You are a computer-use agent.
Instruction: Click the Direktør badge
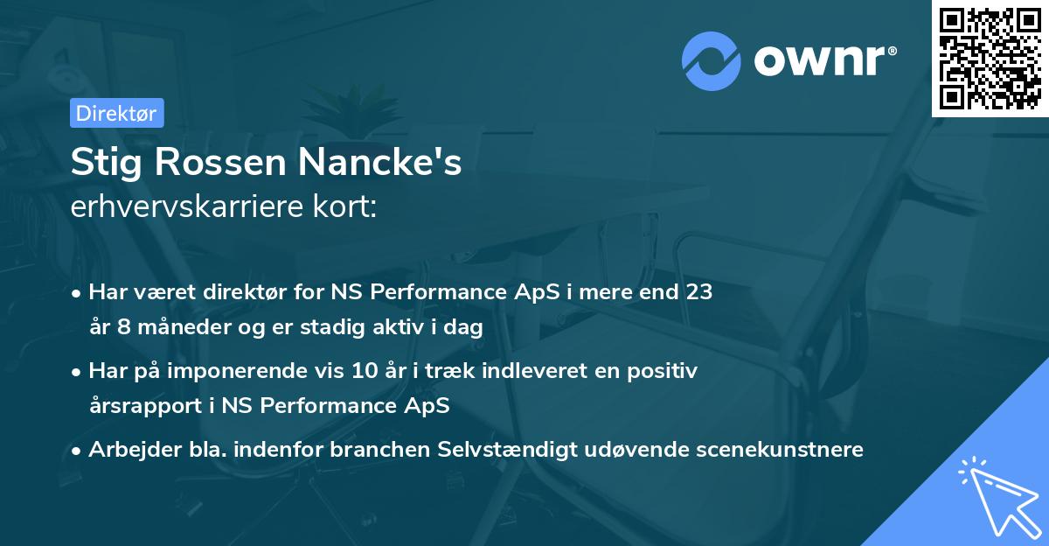pos(116,113)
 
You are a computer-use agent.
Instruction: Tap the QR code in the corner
pos(990,59)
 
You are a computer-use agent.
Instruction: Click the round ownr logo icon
pos(712,59)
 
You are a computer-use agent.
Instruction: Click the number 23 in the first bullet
pos(699,292)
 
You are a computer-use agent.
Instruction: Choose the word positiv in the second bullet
pos(666,371)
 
